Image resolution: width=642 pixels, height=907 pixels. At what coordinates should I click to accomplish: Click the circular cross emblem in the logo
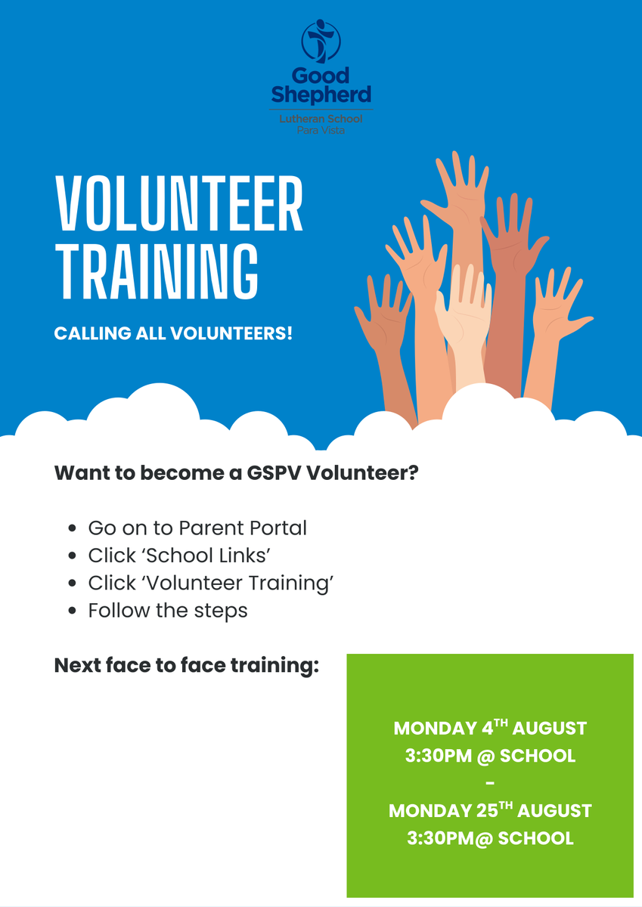(x=321, y=42)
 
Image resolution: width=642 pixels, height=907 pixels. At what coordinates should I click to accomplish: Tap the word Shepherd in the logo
(x=321, y=94)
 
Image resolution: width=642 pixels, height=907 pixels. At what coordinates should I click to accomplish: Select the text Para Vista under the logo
(x=321, y=130)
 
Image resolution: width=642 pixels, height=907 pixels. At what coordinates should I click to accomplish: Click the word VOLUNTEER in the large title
(x=178, y=203)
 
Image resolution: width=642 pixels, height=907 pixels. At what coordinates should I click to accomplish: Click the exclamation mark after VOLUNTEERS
(x=289, y=333)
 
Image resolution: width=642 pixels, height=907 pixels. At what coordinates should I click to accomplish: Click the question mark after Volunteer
(x=413, y=472)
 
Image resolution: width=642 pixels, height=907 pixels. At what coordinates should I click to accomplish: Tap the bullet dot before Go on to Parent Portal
(x=73, y=528)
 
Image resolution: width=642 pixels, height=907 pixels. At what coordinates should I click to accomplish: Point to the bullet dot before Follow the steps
(x=73, y=611)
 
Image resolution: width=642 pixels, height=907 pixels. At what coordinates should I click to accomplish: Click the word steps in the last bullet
(x=221, y=611)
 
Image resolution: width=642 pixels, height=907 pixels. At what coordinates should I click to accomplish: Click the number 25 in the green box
(x=487, y=811)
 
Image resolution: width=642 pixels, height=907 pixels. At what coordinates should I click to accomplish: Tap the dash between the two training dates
(x=490, y=784)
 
